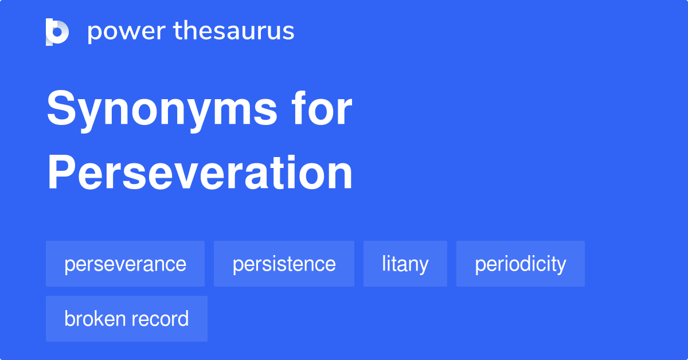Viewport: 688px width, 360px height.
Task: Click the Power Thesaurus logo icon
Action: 57,32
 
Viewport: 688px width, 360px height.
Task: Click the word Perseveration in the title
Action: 200,173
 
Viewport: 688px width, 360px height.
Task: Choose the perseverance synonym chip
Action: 125,264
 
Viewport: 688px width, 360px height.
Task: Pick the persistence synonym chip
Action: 284,264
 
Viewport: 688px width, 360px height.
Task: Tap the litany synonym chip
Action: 405,264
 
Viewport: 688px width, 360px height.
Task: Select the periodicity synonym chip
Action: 520,264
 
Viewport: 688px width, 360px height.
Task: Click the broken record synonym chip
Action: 126,319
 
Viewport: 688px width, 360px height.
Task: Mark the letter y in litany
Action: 423,266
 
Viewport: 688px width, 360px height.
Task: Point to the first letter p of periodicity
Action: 480,266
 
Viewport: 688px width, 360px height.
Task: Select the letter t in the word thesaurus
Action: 178,32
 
